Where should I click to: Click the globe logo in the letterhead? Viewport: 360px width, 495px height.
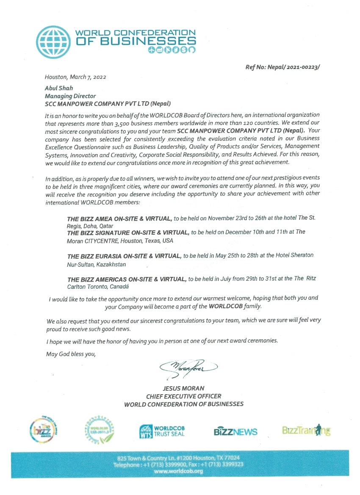coord(53,42)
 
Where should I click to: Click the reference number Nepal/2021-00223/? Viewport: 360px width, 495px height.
coord(293,67)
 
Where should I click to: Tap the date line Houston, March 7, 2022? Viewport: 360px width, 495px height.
coord(75,77)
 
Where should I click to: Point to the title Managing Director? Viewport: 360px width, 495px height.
coord(70,96)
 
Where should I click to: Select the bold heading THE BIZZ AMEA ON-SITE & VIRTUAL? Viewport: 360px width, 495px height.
coord(119,218)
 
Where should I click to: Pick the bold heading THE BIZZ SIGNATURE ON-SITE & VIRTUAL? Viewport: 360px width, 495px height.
coord(128,232)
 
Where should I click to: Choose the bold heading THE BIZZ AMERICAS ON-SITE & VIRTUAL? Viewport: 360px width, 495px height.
coord(127,279)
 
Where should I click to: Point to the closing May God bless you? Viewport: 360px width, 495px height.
coord(71,354)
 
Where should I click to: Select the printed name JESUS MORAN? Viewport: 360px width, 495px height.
coord(183,388)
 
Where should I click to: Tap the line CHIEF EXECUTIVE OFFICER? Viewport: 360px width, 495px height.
coord(183,396)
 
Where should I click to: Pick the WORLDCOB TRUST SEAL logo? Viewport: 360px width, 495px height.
coord(162,431)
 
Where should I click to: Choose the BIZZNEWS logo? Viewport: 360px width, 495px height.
coord(235,431)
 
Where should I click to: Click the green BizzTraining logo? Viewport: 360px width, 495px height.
coord(306,430)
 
